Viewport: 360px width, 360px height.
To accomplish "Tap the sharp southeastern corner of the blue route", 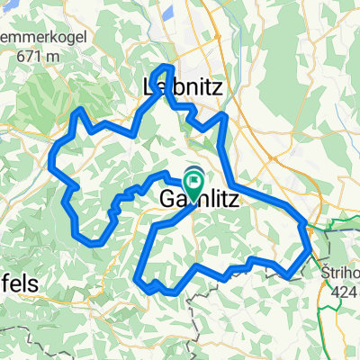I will coord(288,276).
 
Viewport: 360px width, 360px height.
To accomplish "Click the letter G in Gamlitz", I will coord(167,200).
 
